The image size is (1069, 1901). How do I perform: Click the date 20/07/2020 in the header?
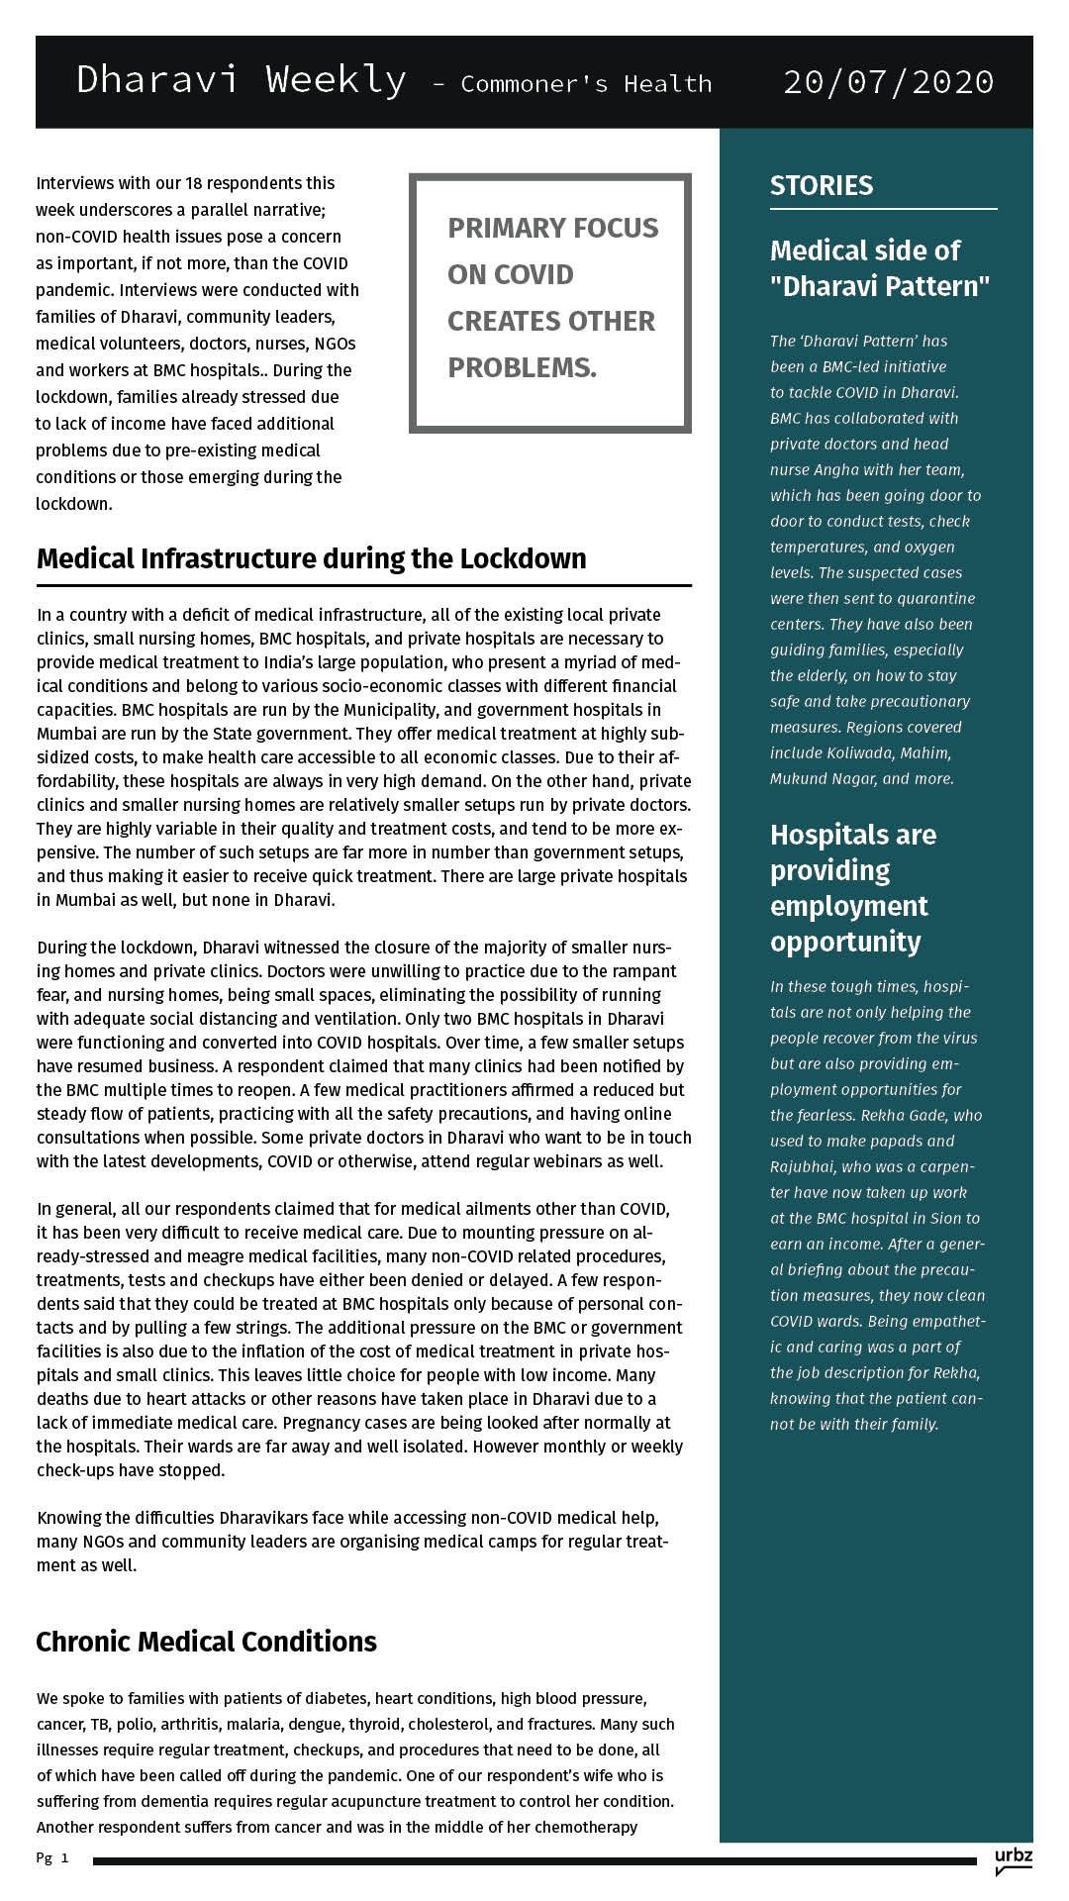[x=888, y=81]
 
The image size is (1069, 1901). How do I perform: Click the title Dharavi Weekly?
[x=241, y=79]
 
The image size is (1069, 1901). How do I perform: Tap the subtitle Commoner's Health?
[x=586, y=84]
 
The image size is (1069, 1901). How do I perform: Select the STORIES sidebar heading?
[x=822, y=185]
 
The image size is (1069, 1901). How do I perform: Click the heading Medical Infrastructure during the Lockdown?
[x=311, y=558]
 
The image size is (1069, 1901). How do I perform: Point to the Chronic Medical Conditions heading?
[x=206, y=1642]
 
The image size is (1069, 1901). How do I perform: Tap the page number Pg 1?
[x=52, y=1858]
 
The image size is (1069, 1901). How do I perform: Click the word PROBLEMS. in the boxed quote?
[x=522, y=367]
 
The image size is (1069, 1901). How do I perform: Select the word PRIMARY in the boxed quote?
[x=504, y=228]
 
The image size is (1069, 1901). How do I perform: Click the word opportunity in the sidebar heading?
[x=845, y=941]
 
